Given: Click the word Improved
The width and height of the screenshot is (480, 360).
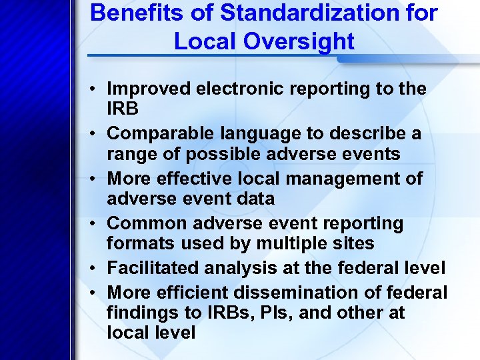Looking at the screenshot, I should click(147, 89).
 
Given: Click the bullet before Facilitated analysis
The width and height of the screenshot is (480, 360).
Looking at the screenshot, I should click(93, 269).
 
